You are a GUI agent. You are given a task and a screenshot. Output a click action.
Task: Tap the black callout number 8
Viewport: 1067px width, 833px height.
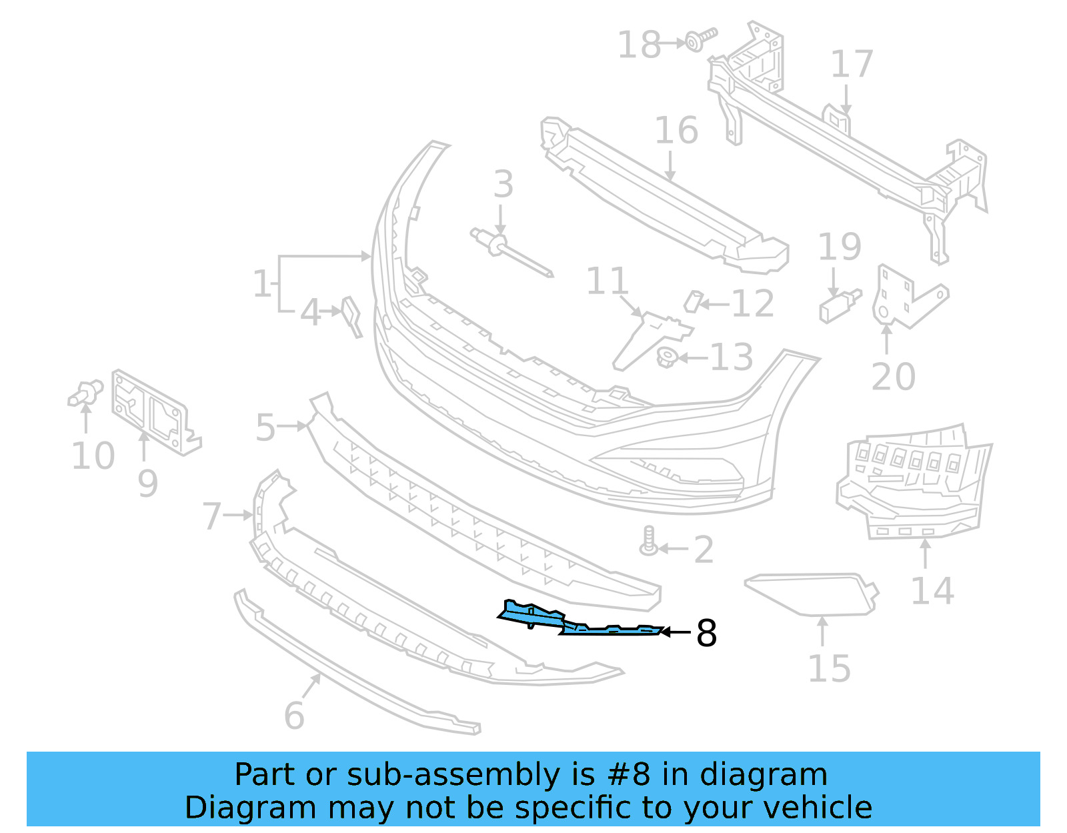coord(706,633)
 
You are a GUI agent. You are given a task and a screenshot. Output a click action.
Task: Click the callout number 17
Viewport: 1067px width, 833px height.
coord(852,64)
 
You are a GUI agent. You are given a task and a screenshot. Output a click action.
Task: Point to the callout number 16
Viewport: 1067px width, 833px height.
coord(676,130)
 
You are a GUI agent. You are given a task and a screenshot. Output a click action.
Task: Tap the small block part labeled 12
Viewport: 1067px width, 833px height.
coord(694,301)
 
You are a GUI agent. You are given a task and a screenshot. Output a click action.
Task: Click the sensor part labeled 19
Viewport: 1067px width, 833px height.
coord(839,305)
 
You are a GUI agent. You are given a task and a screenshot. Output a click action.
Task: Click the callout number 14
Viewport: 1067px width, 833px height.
coord(932,591)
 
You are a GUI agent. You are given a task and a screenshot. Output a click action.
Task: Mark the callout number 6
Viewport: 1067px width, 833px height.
coord(294,716)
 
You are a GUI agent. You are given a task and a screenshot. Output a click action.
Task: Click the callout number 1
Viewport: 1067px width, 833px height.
coord(262,283)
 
